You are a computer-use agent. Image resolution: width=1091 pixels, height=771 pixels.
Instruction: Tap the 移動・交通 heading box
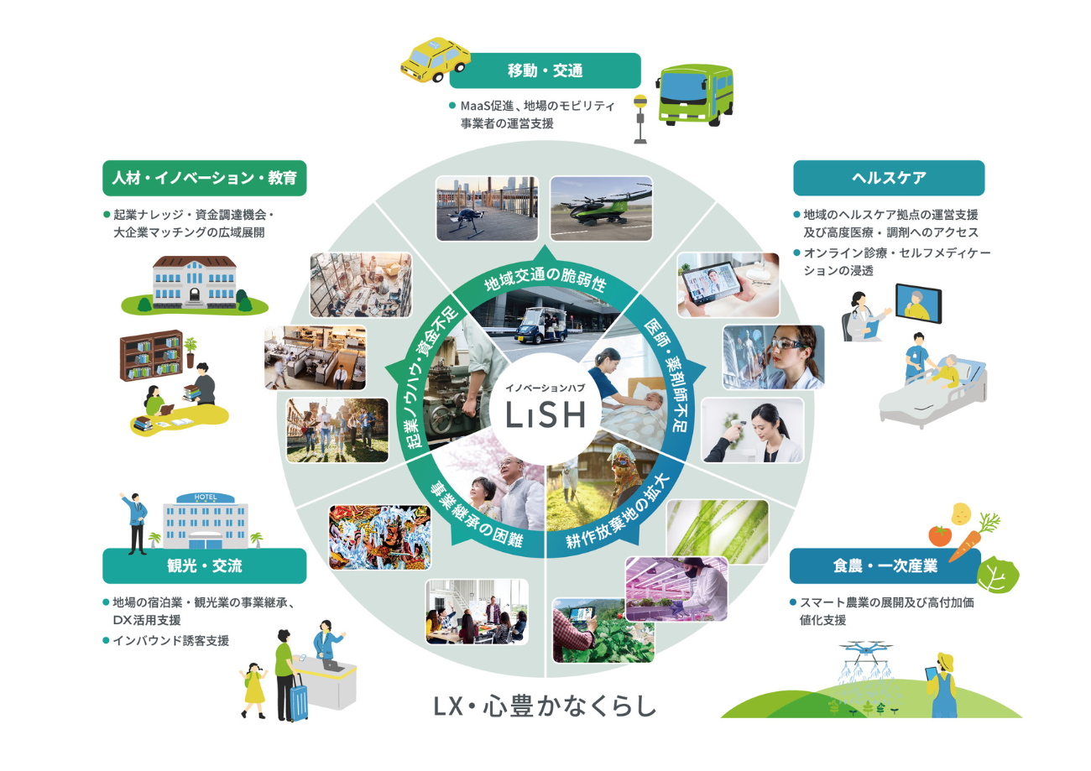[545, 70]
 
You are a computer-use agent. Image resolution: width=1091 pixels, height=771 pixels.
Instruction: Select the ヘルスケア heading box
[889, 178]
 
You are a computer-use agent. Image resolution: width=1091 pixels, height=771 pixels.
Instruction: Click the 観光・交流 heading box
[205, 565]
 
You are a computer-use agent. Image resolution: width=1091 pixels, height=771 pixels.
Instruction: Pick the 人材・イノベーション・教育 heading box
[205, 178]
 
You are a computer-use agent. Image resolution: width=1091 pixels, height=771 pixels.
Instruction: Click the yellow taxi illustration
[435, 60]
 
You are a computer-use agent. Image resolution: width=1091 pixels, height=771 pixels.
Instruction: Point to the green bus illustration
[696, 95]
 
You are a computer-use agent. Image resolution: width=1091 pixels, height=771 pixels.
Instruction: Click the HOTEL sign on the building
[205, 498]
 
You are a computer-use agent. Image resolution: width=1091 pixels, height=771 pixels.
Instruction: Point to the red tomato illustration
[940, 535]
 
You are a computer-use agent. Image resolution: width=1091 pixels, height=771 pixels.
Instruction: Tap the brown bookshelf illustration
[151, 356]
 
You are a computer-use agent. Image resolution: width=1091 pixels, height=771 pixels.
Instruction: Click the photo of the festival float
[379, 537]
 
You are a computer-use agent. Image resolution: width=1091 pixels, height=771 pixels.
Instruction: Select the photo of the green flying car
[601, 208]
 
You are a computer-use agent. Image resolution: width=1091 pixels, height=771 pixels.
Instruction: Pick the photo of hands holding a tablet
[728, 284]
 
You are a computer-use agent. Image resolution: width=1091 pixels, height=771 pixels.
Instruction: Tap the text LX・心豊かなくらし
[545, 706]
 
